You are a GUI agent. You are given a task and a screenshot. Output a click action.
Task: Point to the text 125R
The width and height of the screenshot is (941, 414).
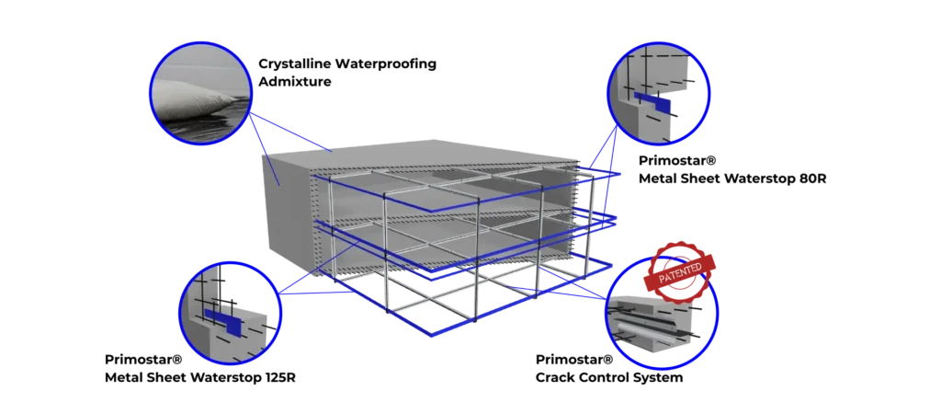tap(279, 377)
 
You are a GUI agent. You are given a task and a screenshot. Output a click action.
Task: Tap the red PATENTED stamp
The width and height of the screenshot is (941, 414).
tap(680, 271)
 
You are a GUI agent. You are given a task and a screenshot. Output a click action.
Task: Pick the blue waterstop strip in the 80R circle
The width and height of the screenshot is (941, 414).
tap(652, 102)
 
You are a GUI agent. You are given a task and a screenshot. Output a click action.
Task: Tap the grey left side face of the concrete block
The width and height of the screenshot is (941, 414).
tap(286, 212)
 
